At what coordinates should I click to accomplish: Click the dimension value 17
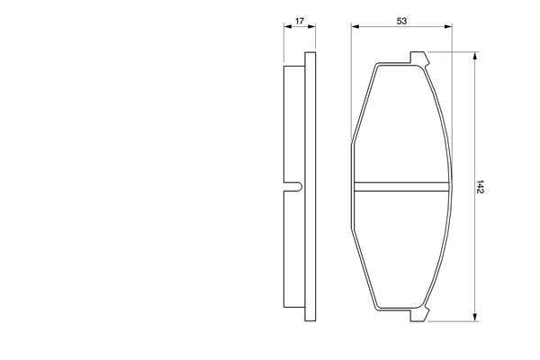(300, 21)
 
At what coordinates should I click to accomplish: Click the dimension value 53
(401, 21)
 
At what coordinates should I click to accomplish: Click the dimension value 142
(481, 186)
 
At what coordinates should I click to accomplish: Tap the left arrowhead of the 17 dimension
(287, 26)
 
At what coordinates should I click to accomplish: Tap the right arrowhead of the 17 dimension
(312, 26)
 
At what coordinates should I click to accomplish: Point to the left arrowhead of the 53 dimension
(355, 26)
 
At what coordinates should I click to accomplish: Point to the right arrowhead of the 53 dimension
(448, 26)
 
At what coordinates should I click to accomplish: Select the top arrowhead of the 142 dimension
(475, 56)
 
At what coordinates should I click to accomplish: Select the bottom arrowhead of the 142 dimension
(475, 318)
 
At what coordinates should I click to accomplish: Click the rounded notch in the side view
(295, 186)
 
